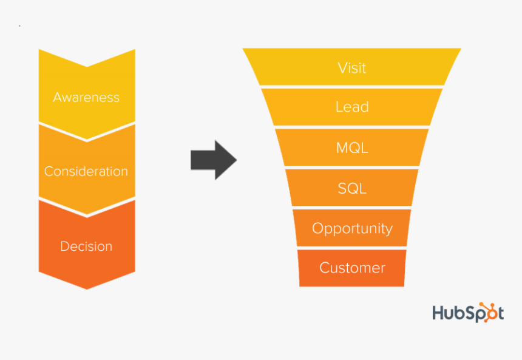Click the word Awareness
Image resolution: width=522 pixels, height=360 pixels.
86,97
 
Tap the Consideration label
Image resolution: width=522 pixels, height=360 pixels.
86,171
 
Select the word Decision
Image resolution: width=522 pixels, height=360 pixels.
86,246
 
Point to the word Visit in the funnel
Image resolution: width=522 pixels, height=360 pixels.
352,67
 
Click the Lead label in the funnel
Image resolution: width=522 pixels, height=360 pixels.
352,107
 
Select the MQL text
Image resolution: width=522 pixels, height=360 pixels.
352,148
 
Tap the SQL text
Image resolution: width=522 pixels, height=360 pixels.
352,188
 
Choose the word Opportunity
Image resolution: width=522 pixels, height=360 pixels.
352,228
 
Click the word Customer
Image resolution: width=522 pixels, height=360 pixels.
352,268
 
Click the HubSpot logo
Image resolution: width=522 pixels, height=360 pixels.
467,312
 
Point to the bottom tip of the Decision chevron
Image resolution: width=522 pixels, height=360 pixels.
87,288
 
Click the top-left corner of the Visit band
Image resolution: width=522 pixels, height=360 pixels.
244,50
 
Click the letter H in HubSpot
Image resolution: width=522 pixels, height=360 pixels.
438,313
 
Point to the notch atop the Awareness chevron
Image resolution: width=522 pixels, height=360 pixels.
87,66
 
